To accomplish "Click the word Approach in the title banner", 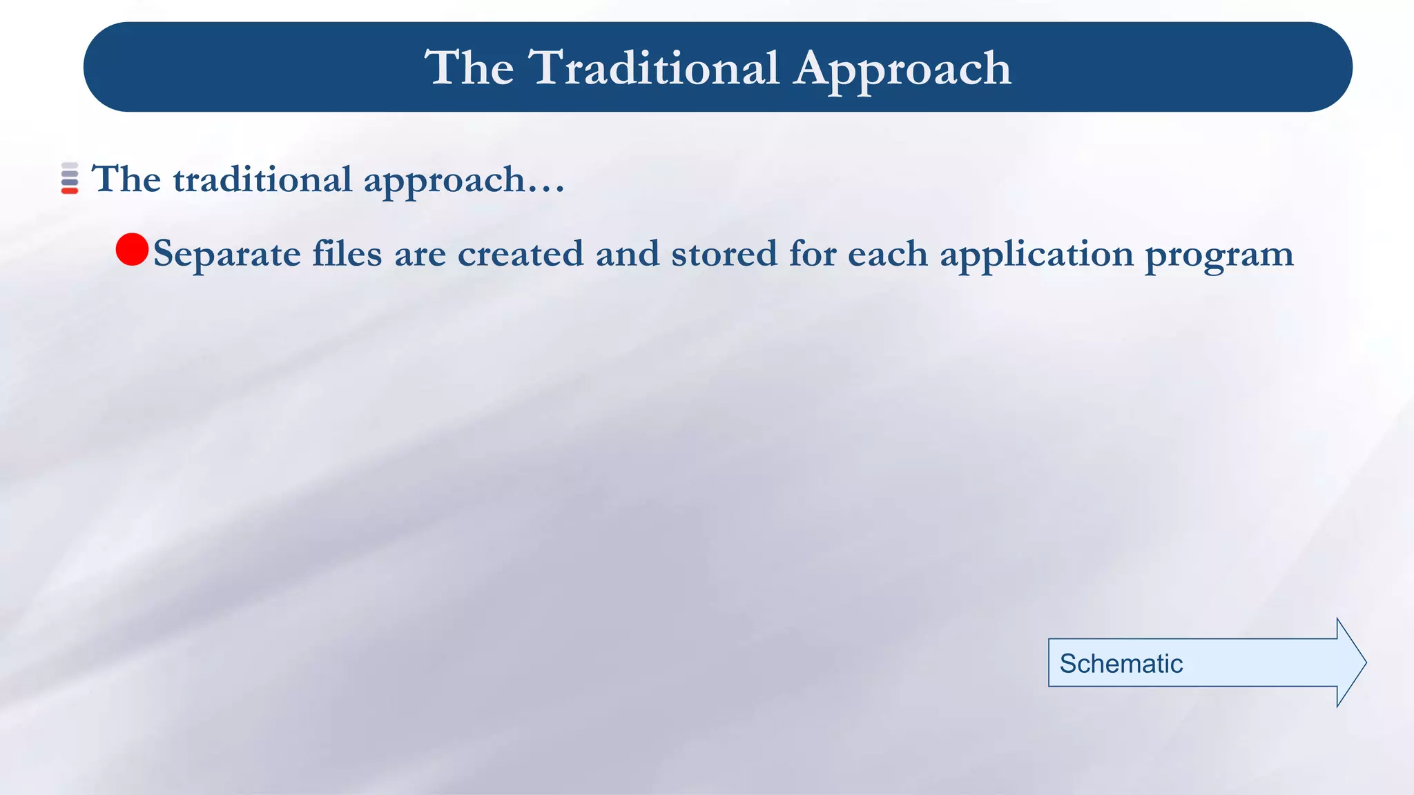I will pyautogui.click(x=902, y=69).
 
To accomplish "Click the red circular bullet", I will pyautogui.click(x=132, y=249).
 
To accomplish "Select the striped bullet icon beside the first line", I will pyautogui.click(x=70, y=178).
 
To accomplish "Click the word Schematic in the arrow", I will pyautogui.click(x=1121, y=663).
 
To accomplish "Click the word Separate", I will pyautogui.click(x=227, y=255).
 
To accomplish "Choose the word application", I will pyautogui.click(x=1036, y=255).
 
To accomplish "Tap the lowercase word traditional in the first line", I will pyautogui.click(x=262, y=179).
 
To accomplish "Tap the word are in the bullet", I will pyautogui.click(x=420, y=254).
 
